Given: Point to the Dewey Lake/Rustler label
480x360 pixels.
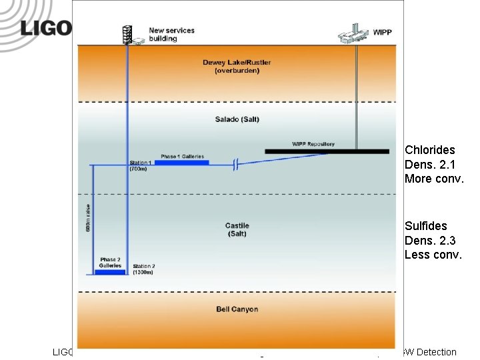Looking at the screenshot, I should pos(237,67).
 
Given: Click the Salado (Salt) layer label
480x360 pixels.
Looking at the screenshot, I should pos(237,119).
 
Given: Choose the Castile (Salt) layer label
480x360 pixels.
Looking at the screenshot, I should pos(237,229).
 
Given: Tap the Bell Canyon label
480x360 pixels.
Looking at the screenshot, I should pos(237,309).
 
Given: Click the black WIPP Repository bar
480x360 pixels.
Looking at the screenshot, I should pos(327,151).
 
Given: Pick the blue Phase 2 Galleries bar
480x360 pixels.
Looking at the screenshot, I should pos(110,271).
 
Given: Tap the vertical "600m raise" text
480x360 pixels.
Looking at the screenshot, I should pos(88,218).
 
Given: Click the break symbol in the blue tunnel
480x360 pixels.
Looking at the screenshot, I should pos(235,165).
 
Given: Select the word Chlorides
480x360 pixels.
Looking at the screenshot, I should pos(429,150).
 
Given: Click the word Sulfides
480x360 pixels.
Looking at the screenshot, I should pos(425,226).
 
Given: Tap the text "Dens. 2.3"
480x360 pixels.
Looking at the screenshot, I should pos(430,240).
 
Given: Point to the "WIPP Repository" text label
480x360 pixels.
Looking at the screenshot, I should pos(313,144).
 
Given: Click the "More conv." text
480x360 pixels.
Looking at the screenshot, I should pos(433,179).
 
